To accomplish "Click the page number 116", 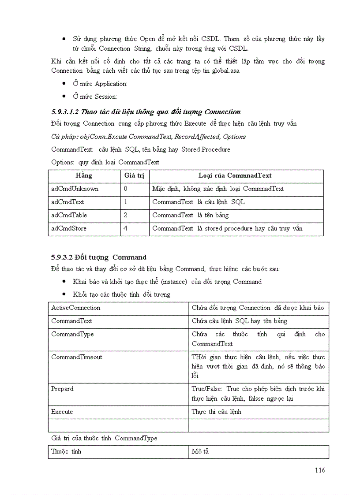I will [320, 470].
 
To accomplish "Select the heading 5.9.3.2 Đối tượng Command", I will [99, 257].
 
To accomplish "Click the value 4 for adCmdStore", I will [126, 228].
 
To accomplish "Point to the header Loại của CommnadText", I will [235, 175].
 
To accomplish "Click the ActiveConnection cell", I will [76, 308].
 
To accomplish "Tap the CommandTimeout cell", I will [77, 357].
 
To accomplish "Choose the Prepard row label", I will [63, 389].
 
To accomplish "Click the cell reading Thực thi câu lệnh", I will [216, 412].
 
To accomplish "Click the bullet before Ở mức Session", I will [64, 97].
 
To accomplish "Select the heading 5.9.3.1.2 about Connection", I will [146, 112].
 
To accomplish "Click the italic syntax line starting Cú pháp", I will [148, 137].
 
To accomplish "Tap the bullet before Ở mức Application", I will [64, 84].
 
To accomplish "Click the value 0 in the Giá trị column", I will [126, 189].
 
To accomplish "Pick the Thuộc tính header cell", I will [66, 451].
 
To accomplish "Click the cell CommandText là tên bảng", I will [191, 215].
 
